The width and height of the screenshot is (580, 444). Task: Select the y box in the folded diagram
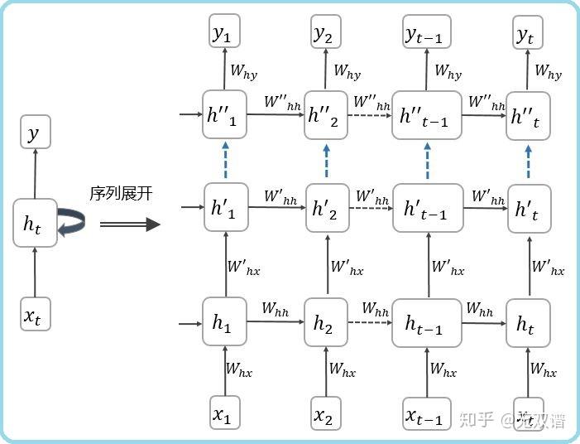tap(34, 132)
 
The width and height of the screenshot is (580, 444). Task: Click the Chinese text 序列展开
tap(121, 194)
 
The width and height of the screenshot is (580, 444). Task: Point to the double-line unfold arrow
tap(129, 224)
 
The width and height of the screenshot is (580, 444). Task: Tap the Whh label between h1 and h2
tap(276, 308)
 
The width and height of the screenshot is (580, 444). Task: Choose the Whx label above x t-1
tap(443, 369)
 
